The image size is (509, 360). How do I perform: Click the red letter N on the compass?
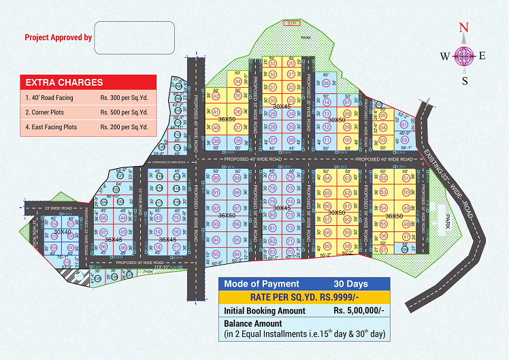(465, 28)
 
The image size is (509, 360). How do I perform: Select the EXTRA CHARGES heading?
(65, 82)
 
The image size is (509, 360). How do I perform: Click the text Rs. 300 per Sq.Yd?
(124, 97)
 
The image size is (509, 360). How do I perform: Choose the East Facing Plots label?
(51, 127)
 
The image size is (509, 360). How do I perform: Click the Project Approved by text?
(58, 37)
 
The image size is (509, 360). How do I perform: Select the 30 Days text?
(350, 283)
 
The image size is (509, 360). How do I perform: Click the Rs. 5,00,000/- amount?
(359, 310)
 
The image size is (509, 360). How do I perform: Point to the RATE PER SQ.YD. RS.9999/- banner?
(304, 297)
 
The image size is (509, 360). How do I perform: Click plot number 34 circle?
(237, 80)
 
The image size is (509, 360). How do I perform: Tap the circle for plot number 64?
(327, 178)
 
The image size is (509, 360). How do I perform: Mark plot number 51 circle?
(406, 178)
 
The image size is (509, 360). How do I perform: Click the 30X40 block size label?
(62, 232)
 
